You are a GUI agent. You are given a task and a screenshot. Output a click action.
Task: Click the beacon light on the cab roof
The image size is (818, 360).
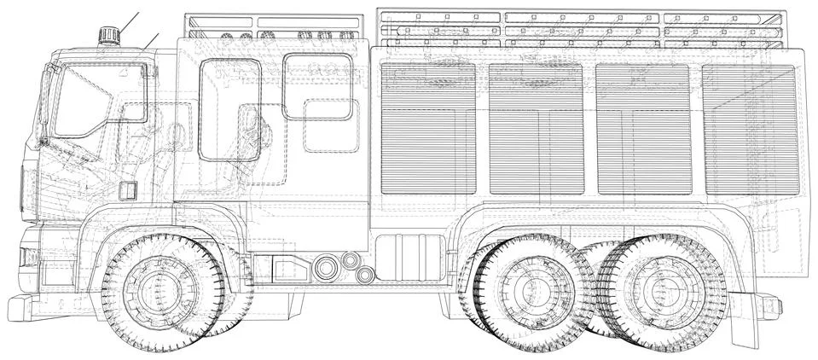(108, 35)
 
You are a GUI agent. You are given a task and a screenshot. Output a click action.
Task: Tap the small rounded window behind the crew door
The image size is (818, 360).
(316, 87)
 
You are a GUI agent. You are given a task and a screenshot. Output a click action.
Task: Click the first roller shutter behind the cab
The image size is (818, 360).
(428, 128)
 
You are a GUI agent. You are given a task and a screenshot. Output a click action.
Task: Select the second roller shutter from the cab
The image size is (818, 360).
(536, 128)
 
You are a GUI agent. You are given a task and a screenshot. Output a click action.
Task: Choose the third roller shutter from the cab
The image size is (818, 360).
(643, 128)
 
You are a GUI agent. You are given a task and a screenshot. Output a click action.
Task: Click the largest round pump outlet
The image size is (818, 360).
(325, 267)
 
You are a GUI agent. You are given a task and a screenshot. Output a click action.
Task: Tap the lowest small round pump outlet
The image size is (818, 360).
(365, 276)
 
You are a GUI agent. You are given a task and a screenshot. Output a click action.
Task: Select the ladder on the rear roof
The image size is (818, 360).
(580, 30)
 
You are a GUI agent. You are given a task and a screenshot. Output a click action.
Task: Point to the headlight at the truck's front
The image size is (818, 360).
(27, 256)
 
